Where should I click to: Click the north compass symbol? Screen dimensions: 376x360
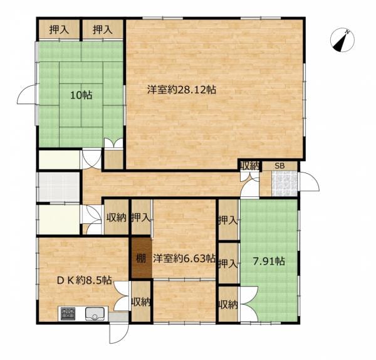coord(342,40)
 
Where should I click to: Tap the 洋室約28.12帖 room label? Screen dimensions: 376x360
coord(182,90)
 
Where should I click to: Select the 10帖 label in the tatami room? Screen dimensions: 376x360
coord(81,95)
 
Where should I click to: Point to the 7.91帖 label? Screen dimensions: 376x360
coord(269,261)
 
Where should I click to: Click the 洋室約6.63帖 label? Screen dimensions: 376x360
coord(184,258)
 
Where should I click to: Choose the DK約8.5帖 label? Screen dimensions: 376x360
coord(84,280)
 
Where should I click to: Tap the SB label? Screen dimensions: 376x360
coord(279,166)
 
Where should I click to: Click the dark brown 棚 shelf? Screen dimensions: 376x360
coord(142,258)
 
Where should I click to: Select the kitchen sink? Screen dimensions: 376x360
coord(95,314)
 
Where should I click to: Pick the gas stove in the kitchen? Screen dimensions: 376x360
coord(68,314)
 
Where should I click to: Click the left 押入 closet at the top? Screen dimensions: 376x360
coord(60,29)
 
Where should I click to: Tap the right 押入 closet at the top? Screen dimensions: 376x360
coord(103,29)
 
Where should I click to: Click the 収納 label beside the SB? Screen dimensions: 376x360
coord(250,166)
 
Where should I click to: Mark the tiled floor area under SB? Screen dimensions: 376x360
coord(285,183)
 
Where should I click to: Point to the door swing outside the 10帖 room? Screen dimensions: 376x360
coord(27,94)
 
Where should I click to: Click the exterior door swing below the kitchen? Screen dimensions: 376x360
coord(119,334)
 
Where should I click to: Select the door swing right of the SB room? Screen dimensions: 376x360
coord(310,182)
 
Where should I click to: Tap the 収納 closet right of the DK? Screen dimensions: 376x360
coord(141,302)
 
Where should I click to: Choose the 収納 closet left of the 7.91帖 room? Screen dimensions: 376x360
coord(228,304)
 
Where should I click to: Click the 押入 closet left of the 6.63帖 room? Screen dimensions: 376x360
coord(141,218)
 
